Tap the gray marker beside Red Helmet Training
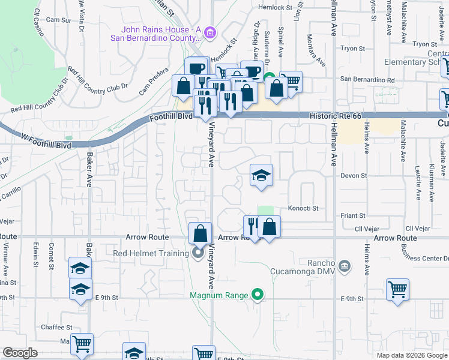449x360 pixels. coord(199,253)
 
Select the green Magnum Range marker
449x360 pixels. coord(258,295)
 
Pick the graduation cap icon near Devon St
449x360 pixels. coord(261,176)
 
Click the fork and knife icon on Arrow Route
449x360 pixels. coord(253,227)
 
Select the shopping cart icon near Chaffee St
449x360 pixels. coord(82,345)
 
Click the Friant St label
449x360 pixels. coord(353,215)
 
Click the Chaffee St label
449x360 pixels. coord(57,328)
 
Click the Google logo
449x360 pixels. coord(20,353)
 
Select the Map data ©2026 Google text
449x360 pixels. coord(411,355)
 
